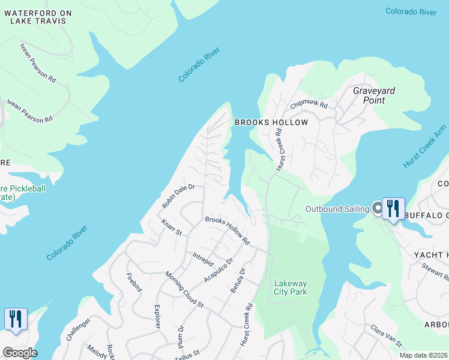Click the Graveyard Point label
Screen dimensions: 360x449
(373, 95)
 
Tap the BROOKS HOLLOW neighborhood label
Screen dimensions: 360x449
(271, 122)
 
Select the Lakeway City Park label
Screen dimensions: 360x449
(291, 288)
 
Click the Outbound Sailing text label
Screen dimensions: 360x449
(337, 209)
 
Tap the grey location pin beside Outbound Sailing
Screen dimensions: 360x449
(378, 208)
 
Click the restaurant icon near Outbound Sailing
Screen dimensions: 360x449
(393, 209)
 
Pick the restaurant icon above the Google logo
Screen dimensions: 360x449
(16, 319)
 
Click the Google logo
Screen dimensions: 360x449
(19, 353)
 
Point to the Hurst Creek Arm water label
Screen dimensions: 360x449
(425, 148)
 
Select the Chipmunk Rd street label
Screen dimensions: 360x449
(309, 104)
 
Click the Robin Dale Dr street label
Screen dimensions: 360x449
(178, 196)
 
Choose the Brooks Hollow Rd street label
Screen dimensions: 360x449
(227, 230)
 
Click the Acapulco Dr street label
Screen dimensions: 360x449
(218, 270)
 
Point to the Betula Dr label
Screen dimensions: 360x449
(238, 280)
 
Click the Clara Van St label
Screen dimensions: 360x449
(385, 336)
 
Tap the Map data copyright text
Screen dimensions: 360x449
(423, 355)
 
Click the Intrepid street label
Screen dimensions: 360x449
(203, 260)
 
